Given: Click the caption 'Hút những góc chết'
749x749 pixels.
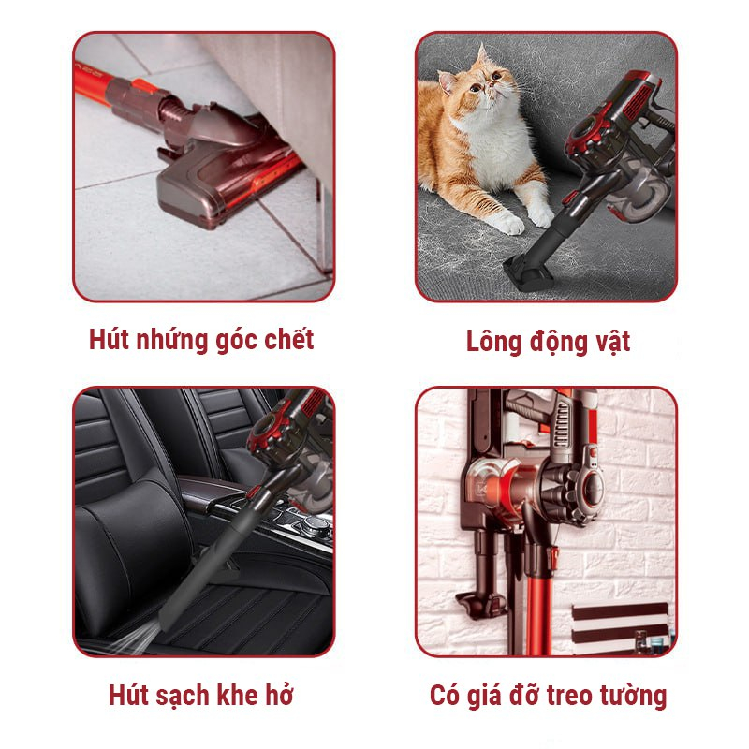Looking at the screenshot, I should pos(201,339).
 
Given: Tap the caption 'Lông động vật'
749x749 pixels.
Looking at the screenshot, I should pos(548,342).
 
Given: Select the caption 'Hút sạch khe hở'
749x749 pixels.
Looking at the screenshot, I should pos(201,696).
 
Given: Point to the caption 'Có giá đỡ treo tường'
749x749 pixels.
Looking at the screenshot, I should pos(548,696).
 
